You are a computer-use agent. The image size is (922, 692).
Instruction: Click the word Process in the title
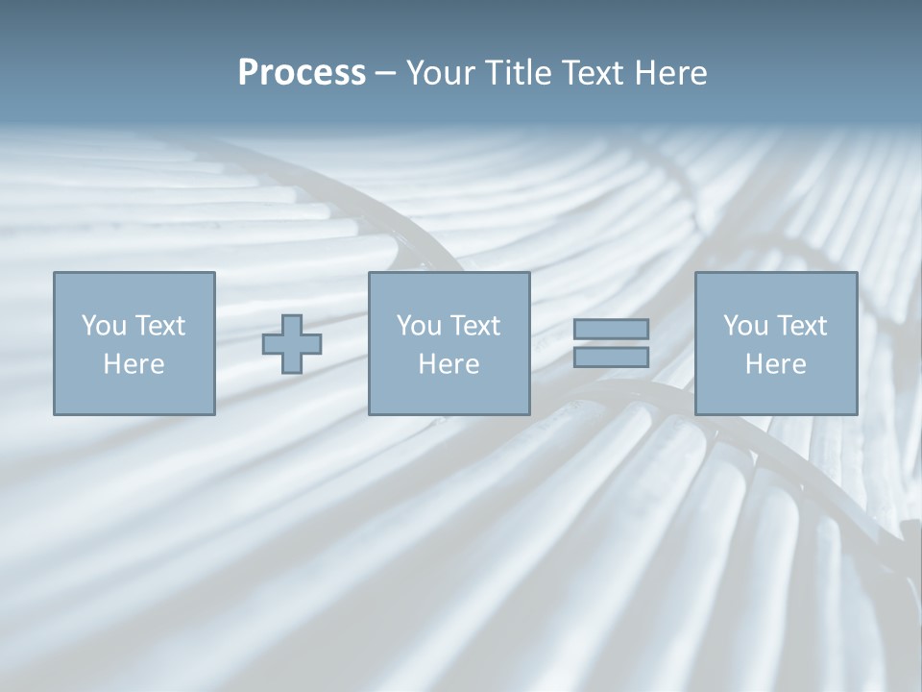[x=302, y=73]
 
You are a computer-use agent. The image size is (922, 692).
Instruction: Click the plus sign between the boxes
[x=292, y=344]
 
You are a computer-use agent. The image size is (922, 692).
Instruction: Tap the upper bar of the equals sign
[x=611, y=330]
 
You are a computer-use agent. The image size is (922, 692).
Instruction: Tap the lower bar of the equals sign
[x=611, y=358]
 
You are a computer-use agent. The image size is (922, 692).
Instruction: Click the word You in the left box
[x=102, y=326]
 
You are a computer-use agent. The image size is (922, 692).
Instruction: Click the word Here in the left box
[x=134, y=364]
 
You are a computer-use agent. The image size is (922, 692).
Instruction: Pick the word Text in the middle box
[x=473, y=326]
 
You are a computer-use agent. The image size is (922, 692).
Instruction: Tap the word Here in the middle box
[x=449, y=364]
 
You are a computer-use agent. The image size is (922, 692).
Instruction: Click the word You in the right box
[x=744, y=326]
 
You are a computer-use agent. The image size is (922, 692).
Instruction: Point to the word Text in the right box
[x=800, y=326]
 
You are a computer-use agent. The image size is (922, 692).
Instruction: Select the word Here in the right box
[x=775, y=364]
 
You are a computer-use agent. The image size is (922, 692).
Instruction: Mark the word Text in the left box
[x=158, y=326]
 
